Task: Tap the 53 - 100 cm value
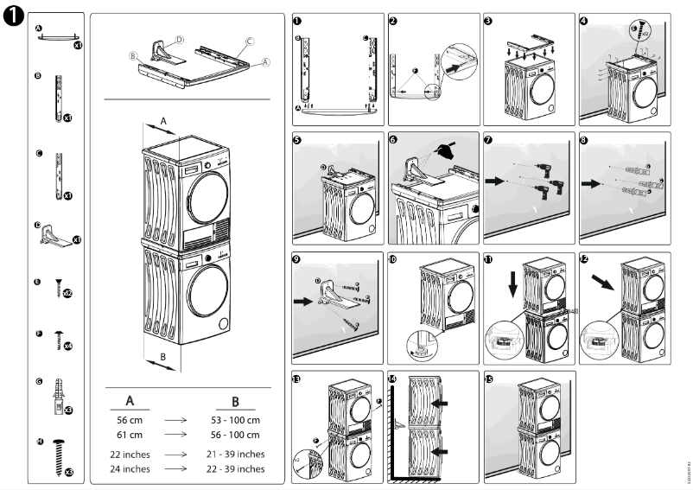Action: [x=235, y=421]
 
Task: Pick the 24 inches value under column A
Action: [x=130, y=468]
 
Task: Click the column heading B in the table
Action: [x=235, y=401]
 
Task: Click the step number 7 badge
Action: [x=489, y=139]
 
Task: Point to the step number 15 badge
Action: [x=489, y=379]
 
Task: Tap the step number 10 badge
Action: [x=393, y=258]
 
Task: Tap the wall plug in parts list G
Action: [x=57, y=396]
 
